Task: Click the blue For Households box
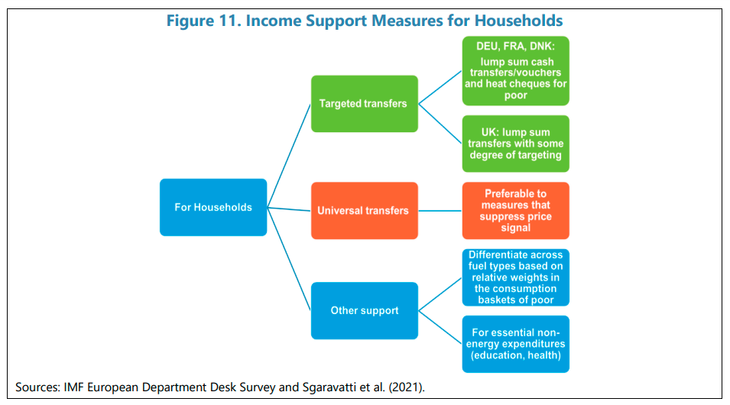[x=213, y=207]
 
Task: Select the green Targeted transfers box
[x=365, y=104]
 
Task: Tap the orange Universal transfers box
[x=365, y=210]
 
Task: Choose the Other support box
[x=365, y=310]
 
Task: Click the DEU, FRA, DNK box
[x=516, y=71]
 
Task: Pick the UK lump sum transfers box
[x=516, y=144]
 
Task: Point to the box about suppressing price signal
[x=516, y=210]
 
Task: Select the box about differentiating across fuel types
[x=516, y=277]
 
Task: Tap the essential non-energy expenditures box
[x=516, y=344]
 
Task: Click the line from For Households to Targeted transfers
[x=289, y=155]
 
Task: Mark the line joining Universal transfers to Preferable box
[x=440, y=211]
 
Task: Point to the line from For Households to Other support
[x=289, y=259]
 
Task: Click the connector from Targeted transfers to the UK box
[x=440, y=123]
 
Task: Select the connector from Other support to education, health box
[x=440, y=327]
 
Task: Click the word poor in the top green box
[x=516, y=96]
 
